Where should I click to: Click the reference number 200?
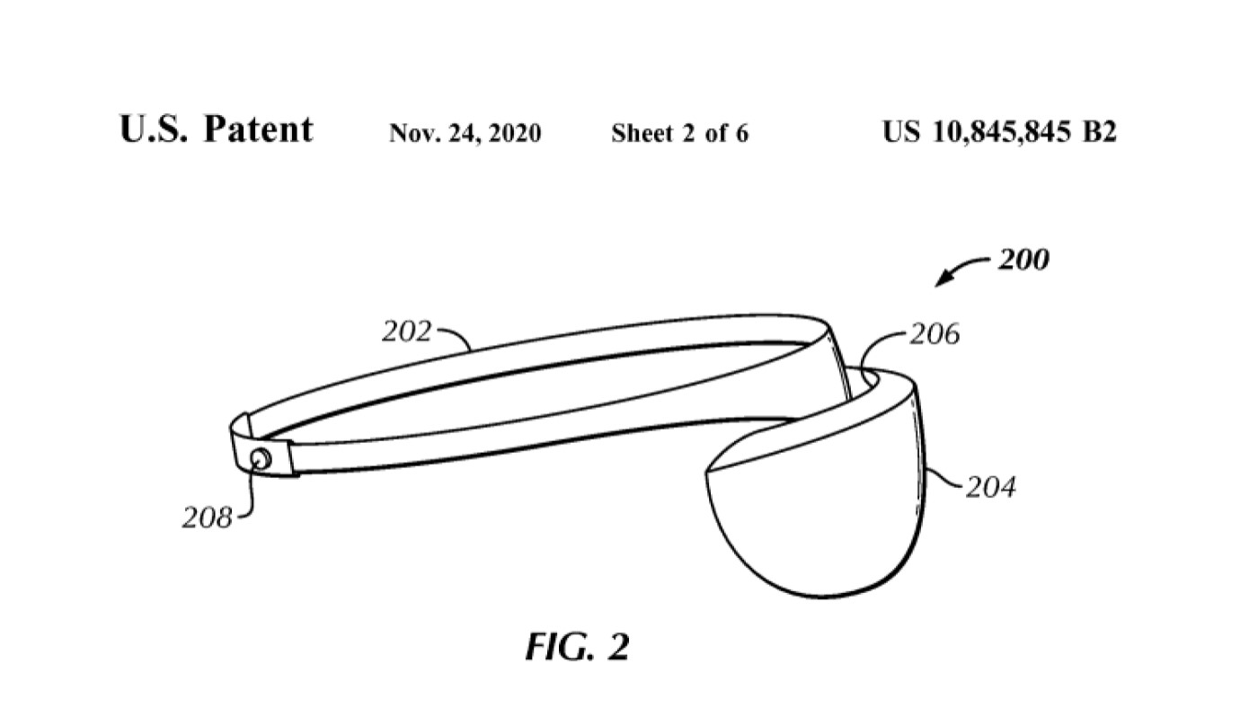(1023, 260)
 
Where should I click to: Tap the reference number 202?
(406, 332)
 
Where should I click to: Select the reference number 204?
(990, 487)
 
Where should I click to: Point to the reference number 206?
(935, 334)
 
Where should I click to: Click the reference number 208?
(208, 518)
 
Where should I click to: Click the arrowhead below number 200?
(943, 279)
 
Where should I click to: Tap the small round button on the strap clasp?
(261, 460)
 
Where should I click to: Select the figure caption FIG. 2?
(577, 647)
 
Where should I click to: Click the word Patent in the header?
(259, 129)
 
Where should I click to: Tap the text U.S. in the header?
(154, 129)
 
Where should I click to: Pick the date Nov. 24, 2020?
(465, 133)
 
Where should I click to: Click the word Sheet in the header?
(642, 133)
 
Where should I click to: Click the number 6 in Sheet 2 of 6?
(742, 133)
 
